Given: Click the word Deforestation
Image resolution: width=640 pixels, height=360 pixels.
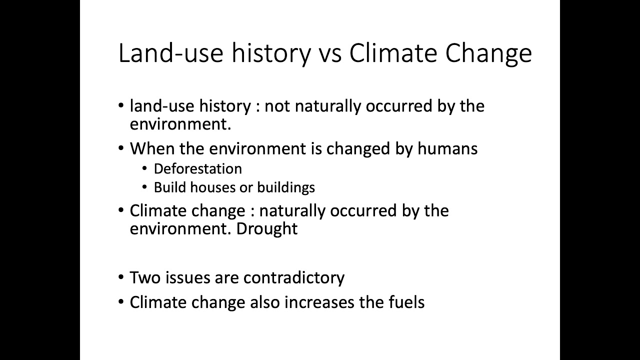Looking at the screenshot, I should [x=197, y=169].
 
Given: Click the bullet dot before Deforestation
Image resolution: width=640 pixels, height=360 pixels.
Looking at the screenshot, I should [x=144, y=169].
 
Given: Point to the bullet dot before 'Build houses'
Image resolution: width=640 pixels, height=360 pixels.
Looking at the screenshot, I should [x=144, y=187].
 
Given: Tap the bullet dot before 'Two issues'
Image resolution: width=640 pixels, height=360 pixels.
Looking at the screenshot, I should [x=121, y=277].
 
